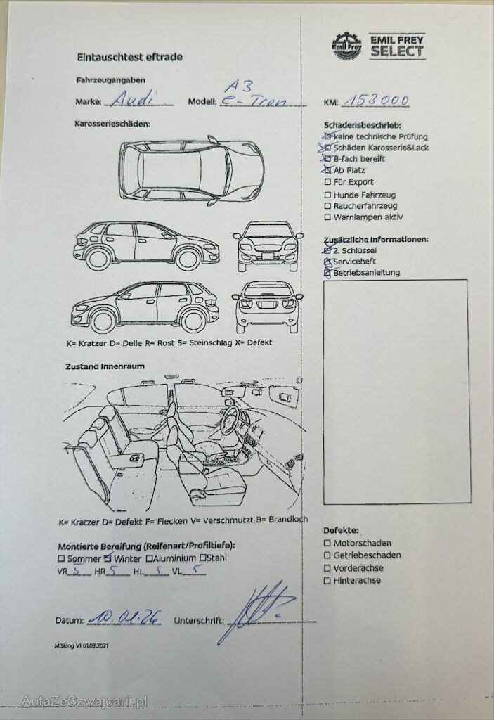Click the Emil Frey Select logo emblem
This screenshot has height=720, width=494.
(x=346, y=46)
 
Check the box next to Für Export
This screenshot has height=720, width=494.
(x=327, y=182)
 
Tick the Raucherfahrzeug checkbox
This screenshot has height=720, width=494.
(x=327, y=206)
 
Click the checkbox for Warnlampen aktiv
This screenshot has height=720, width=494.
(x=327, y=217)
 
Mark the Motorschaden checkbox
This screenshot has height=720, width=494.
(x=327, y=543)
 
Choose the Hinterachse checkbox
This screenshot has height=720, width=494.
(x=327, y=580)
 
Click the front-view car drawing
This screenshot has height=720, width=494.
(x=268, y=245)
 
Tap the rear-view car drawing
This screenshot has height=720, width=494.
(x=268, y=307)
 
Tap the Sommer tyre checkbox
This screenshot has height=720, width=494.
(x=62, y=558)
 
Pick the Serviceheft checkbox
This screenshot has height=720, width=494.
(x=327, y=261)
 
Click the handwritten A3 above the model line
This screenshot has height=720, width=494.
(x=232, y=85)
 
